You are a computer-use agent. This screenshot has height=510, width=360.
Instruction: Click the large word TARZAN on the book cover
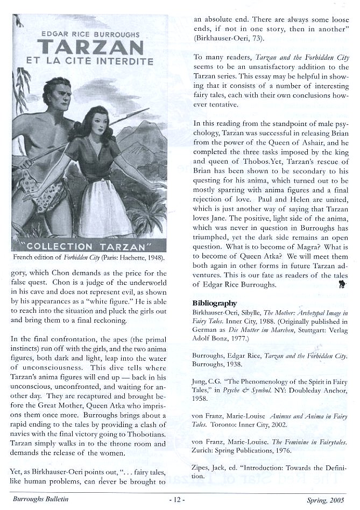tap(90, 47)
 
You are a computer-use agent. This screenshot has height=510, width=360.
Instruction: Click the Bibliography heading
tap(215, 303)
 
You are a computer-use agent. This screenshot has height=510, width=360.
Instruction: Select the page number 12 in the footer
tap(177, 500)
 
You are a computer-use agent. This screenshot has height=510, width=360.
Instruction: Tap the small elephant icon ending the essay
tap(342, 288)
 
